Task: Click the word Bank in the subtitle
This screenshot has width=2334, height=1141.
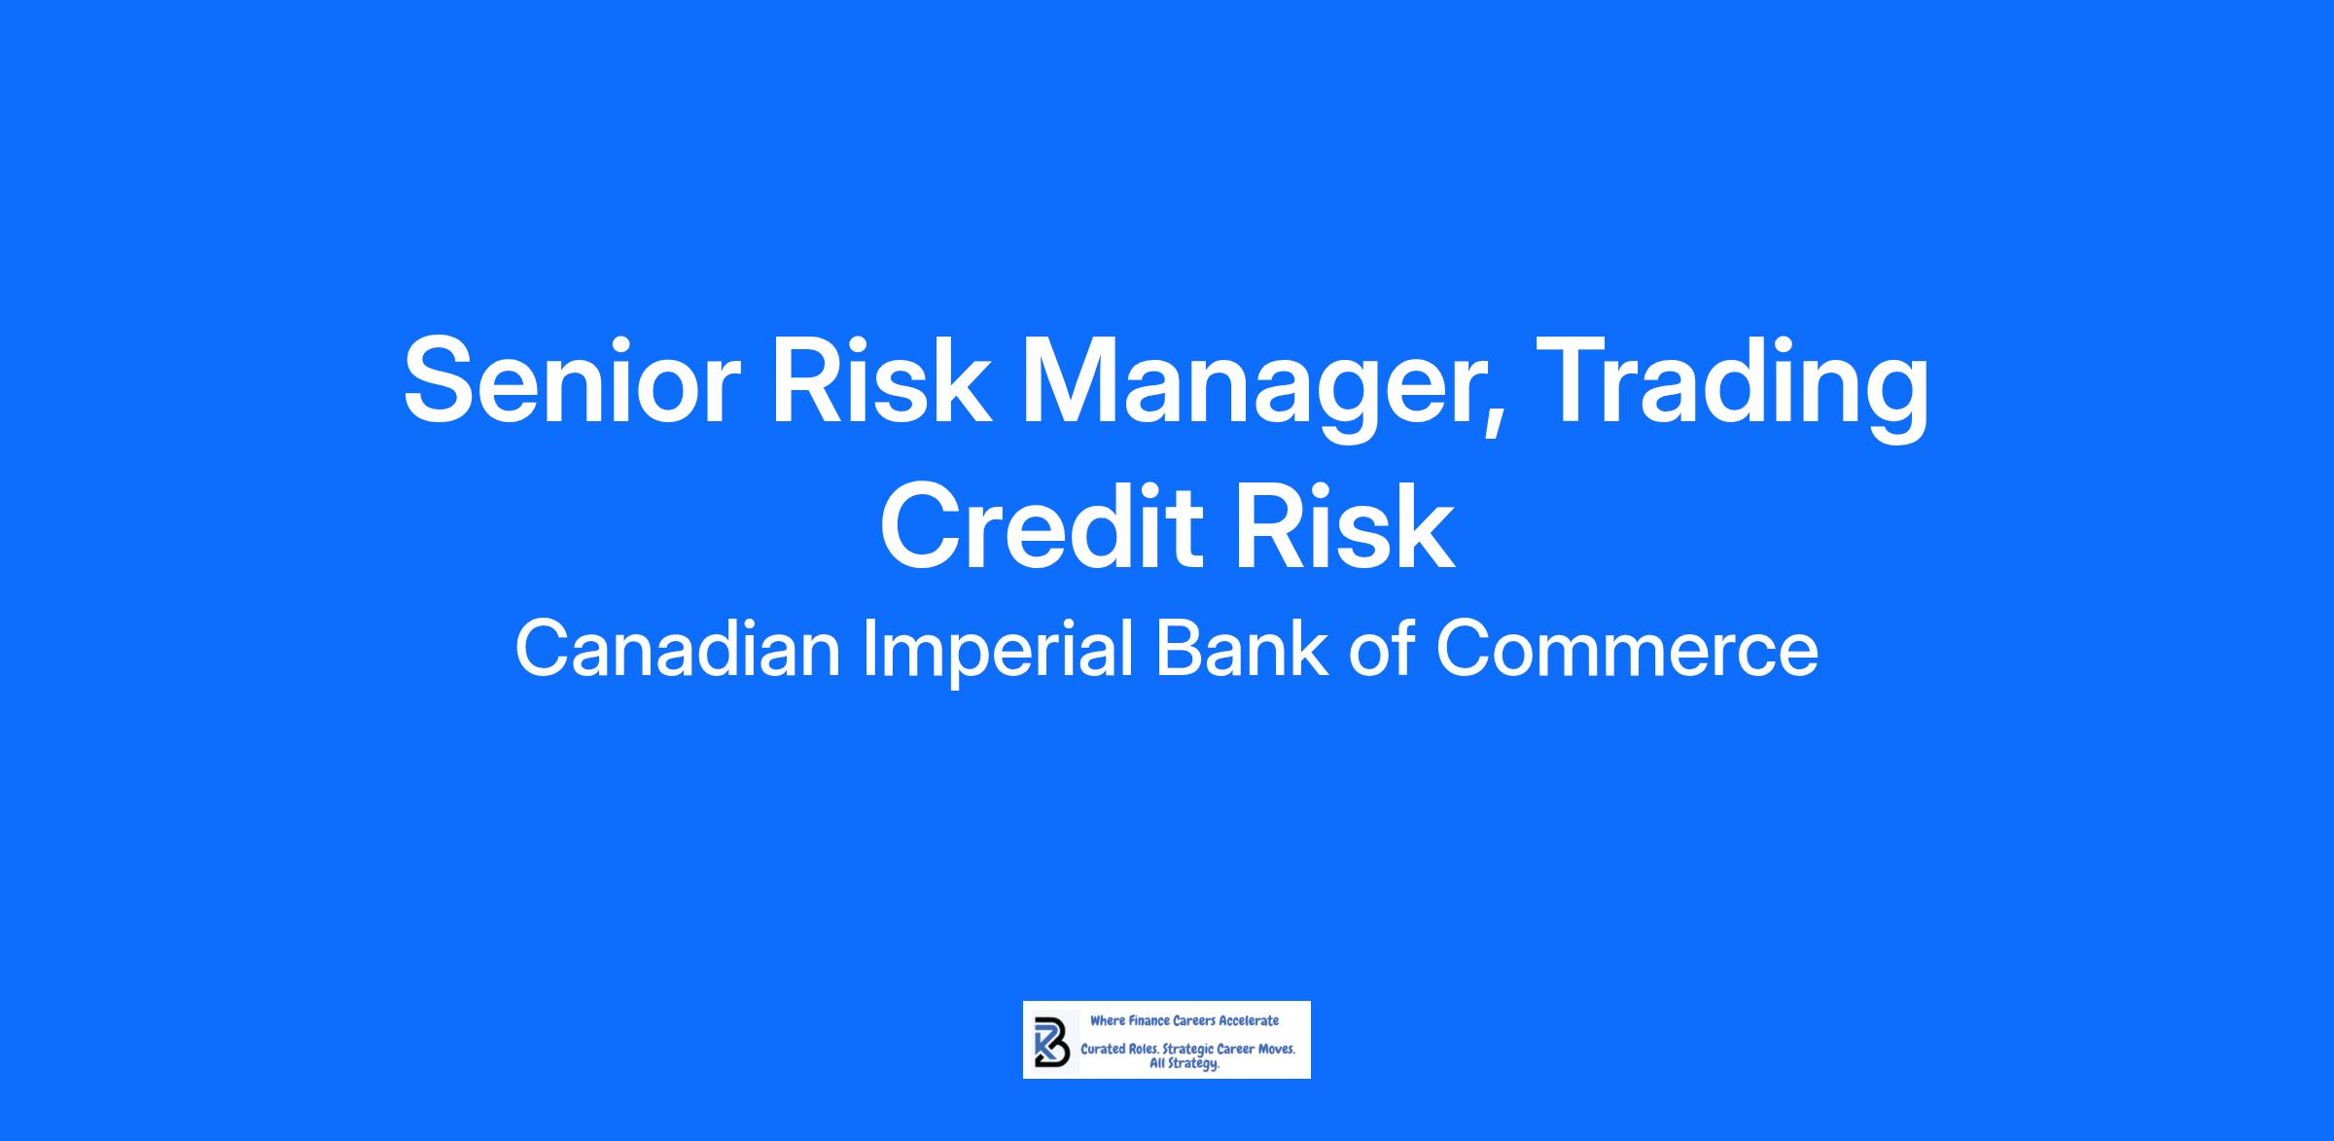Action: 1240,650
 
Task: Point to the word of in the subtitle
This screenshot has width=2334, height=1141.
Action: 1381,650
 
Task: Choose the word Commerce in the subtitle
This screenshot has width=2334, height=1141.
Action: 1627,650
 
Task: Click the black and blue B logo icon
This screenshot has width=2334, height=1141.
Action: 1052,1042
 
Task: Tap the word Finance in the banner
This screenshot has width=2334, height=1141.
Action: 1149,1020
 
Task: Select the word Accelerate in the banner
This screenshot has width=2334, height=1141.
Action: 1249,1020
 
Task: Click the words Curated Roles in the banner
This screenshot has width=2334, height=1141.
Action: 1119,1051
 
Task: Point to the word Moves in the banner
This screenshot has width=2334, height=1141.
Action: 1276,1051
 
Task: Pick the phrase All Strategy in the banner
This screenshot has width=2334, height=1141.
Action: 1185,1064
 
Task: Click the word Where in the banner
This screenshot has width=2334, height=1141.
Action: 1107,1020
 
